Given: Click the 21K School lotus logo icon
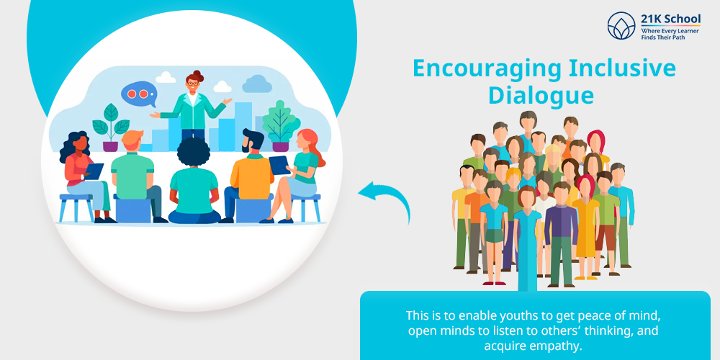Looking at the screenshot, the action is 621,26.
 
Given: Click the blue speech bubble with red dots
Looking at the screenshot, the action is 139,94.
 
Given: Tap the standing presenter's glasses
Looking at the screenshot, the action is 193,83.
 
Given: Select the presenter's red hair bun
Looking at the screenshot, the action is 198,73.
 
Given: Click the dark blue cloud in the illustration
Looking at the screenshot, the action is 257,84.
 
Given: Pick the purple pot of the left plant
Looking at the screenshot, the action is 110,146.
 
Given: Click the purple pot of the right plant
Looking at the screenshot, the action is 280,146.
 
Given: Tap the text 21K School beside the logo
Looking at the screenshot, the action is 670,19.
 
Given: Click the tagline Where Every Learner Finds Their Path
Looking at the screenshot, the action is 670,34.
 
